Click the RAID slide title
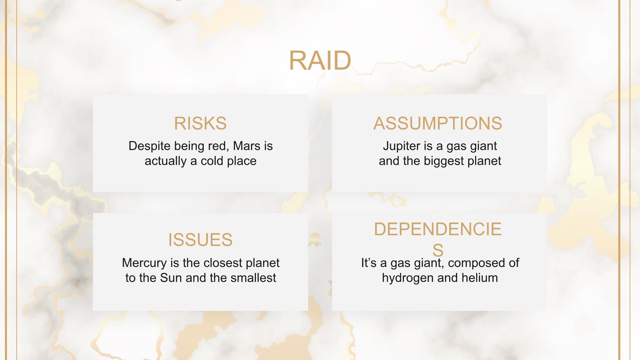(320, 60)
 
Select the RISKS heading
(200, 123)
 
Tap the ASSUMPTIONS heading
(438, 123)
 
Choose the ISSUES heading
(200, 240)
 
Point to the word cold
(212, 161)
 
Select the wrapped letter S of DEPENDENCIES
(438, 250)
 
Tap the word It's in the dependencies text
(369, 263)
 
